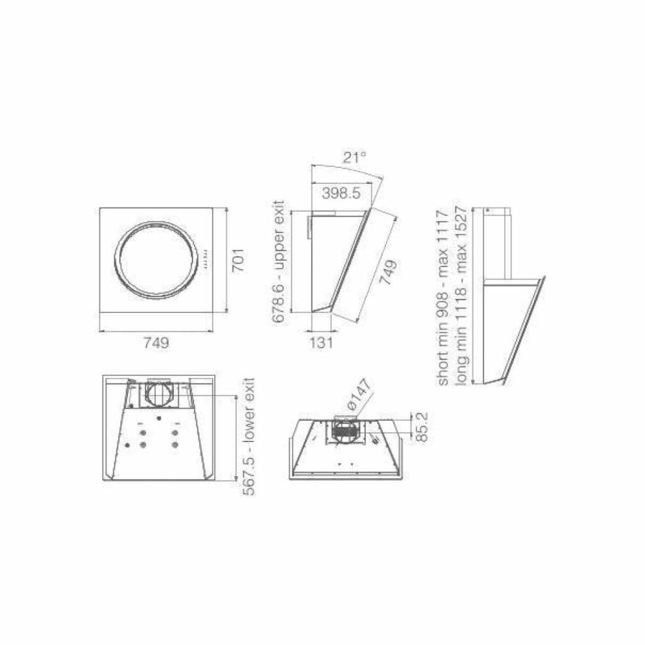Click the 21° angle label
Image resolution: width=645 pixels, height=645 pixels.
tap(355, 157)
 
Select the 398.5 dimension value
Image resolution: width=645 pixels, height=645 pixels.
tap(341, 193)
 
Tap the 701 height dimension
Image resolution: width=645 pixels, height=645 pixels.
tap(238, 260)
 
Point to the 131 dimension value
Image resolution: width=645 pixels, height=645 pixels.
tap(321, 342)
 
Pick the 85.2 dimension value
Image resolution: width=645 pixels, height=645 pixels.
tap(421, 427)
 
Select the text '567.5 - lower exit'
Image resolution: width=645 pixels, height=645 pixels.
tap(248, 437)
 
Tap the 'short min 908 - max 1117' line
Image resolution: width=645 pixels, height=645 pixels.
tap(443, 298)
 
